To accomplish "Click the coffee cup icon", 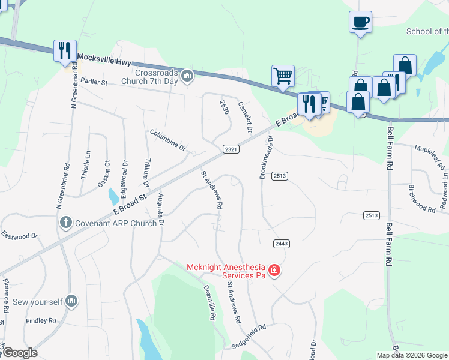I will click(x=360, y=22).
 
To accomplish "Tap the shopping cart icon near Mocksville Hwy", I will click(x=283, y=76).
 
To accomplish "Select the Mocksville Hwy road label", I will click(x=104, y=61).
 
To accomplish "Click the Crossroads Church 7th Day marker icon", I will click(x=187, y=76).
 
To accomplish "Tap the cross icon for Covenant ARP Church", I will click(x=67, y=223).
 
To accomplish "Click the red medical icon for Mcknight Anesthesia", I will click(x=274, y=271).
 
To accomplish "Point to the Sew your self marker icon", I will click(x=71, y=300).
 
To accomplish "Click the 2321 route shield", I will click(x=232, y=149).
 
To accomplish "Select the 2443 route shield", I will click(x=281, y=243).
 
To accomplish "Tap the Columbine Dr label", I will click(x=168, y=140).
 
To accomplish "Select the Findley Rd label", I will click(x=41, y=321).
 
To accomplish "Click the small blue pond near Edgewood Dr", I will click(x=113, y=196).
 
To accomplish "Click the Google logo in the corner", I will click(x=20, y=353).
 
